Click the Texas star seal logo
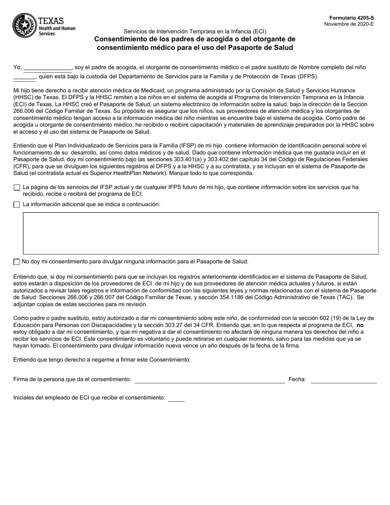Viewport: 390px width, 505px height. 24,25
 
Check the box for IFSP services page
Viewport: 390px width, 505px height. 17,188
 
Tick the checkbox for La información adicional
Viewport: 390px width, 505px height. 17,204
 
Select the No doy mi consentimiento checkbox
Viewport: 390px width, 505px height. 17,262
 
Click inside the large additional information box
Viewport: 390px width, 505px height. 201,233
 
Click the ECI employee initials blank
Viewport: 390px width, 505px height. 177,398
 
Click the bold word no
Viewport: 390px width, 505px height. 360,325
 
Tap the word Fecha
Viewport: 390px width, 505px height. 297,379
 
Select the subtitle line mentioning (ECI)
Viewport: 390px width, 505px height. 195,31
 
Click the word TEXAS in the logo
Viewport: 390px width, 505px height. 51,21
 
